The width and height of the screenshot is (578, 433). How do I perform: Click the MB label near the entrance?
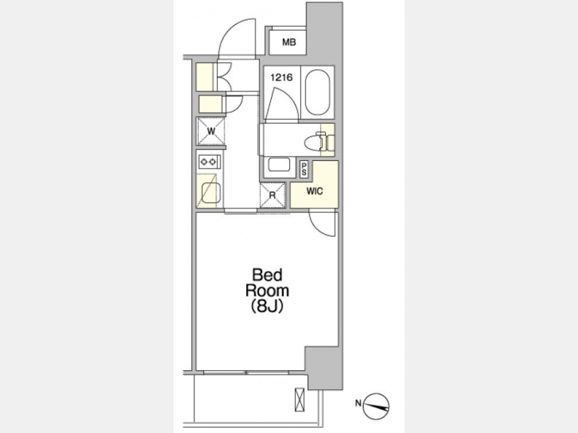point(289,43)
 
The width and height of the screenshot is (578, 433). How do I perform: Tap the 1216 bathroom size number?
point(281,78)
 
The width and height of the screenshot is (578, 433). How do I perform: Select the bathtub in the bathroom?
point(317,92)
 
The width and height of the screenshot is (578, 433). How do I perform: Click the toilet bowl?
point(315,142)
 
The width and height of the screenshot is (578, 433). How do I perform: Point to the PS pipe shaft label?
point(304,170)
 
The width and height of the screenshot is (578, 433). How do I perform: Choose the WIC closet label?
point(315,191)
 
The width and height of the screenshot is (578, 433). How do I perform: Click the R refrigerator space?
point(273,195)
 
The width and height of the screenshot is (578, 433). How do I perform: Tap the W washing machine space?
point(211,131)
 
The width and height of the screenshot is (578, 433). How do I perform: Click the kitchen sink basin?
point(211,193)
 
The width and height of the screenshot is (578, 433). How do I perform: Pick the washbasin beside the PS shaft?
point(279,164)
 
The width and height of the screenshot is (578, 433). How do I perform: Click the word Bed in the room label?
point(267,275)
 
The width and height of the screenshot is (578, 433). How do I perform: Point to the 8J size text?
point(267,307)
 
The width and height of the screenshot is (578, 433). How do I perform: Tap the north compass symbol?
point(376,407)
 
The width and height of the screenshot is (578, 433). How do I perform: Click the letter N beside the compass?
point(358,403)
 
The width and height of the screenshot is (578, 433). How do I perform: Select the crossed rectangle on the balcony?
point(300,400)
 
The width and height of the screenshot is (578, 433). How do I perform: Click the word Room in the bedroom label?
point(267,291)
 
